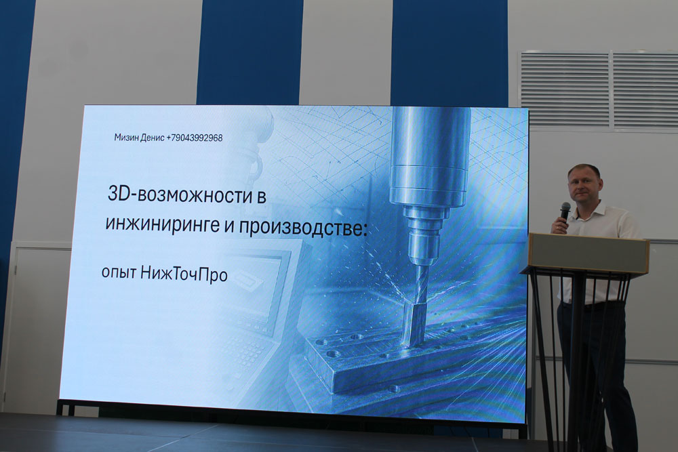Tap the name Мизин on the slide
pos(127,138)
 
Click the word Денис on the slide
pos(153,138)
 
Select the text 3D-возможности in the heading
pos(181,196)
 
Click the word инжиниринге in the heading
pos(162,225)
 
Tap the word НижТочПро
pos(184,274)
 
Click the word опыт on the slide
pos(119,273)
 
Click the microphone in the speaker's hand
pos(565,211)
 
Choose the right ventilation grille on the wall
pos(645,91)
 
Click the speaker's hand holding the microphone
pos(559,224)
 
